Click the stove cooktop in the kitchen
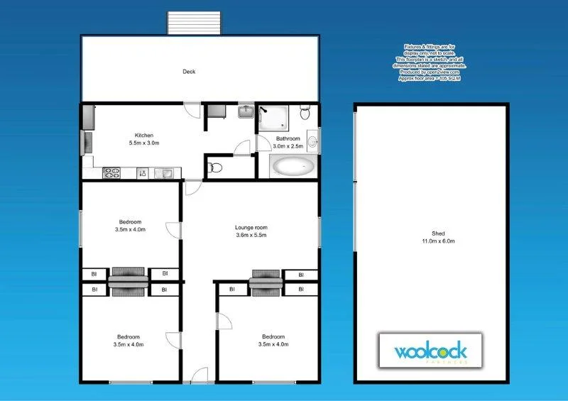(x=112, y=172)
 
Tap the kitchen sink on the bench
(x=165, y=172)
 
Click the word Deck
(x=189, y=72)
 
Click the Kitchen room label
(x=144, y=136)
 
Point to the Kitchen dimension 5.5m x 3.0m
(x=144, y=143)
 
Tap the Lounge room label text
(x=251, y=228)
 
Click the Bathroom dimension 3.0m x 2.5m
(x=288, y=146)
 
